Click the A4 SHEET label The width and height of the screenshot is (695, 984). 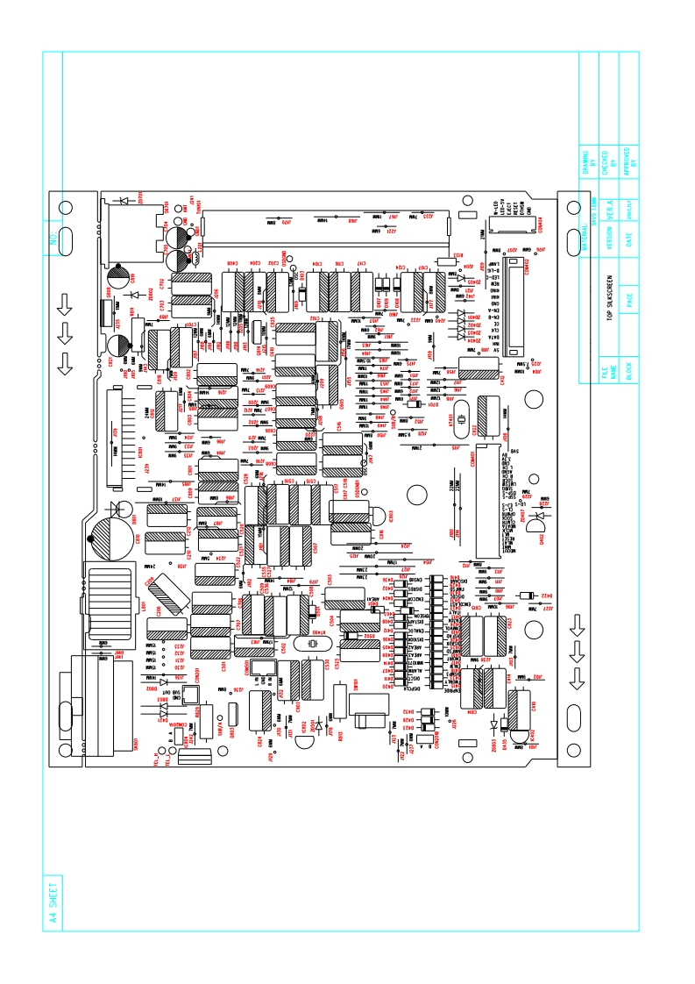(x=53, y=902)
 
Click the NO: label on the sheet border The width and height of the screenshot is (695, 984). (x=53, y=237)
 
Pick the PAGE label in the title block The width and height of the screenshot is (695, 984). (x=629, y=302)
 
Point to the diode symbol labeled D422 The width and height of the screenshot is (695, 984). (x=527, y=596)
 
